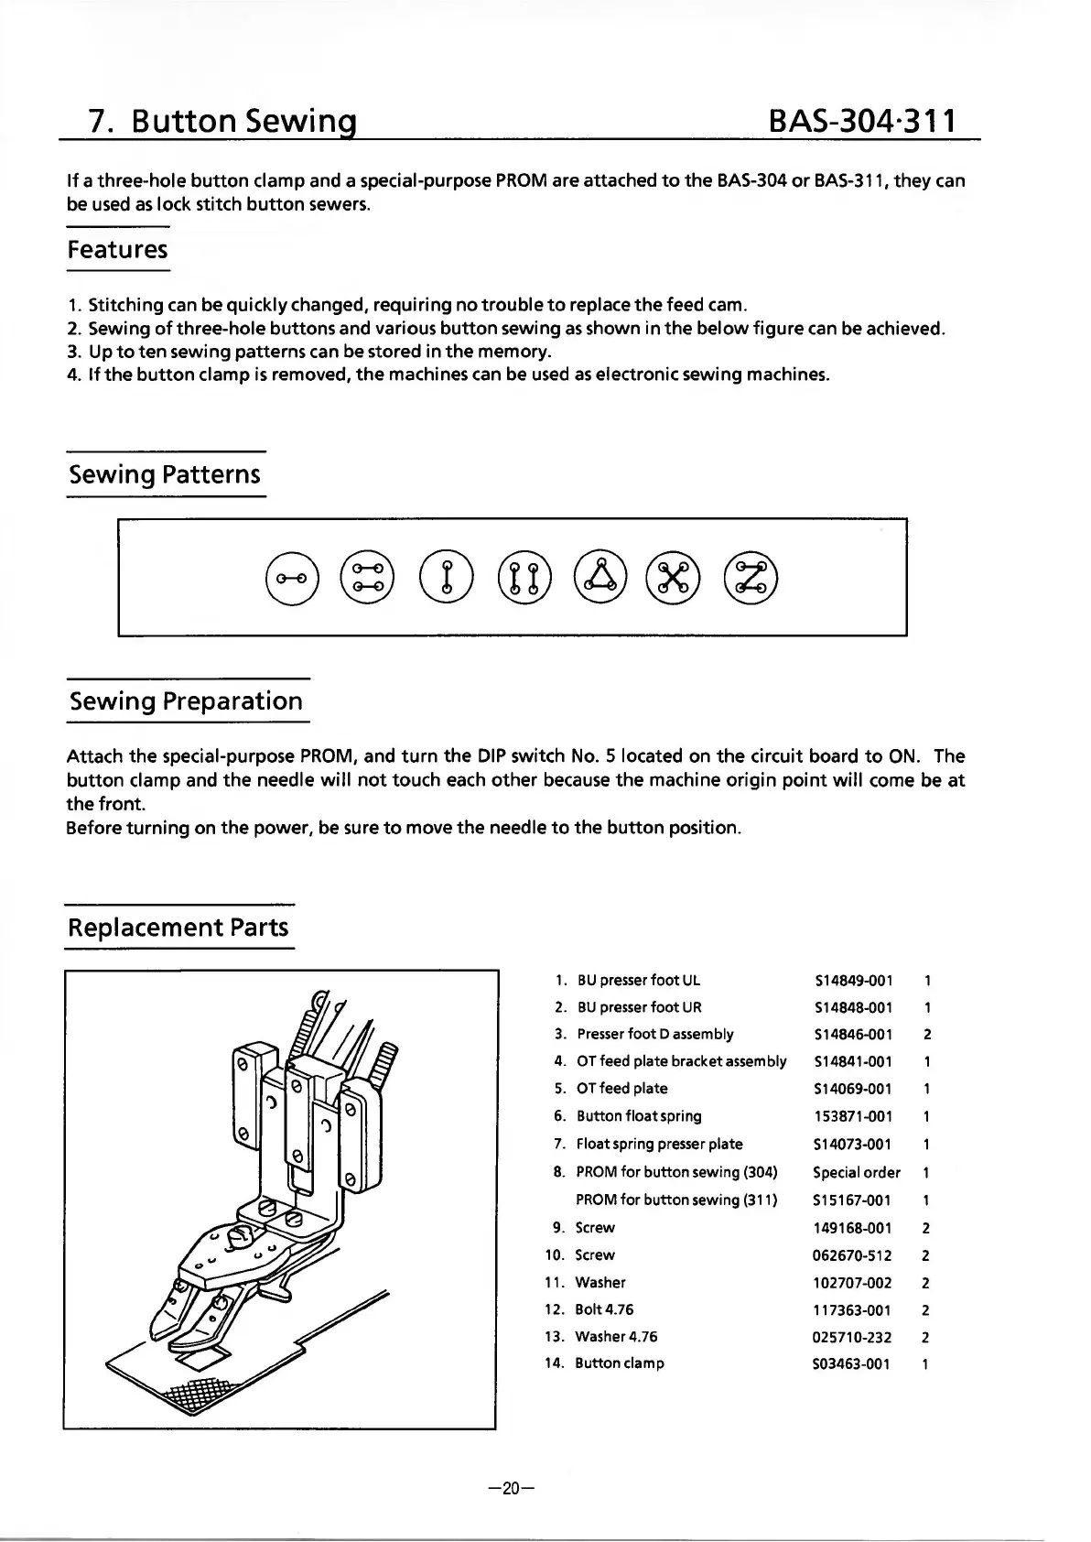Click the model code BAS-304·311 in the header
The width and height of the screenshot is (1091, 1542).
pyautogui.click(x=863, y=120)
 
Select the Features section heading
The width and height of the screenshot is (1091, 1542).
pyautogui.click(x=118, y=249)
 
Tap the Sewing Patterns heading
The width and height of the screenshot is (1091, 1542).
pyautogui.click(x=166, y=474)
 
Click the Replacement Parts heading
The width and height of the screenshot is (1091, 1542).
pyautogui.click(x=178, y=927)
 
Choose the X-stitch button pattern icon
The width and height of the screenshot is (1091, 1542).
pyautogui.click(x=673, y=577)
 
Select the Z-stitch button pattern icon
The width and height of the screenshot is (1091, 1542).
pyautogui.click(x=751, y=577)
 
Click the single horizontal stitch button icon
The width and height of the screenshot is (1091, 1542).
pyautogui.click(x=291, y=577)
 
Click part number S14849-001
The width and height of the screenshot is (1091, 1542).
pyautogui.click(x=852, y=981)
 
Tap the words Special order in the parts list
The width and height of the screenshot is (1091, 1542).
pyautogui.click(x=857, y=1172)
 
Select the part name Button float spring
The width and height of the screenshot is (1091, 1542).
pyautogui.click(x=639, y=1116)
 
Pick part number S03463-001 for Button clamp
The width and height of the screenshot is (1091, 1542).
pyautogui.click(x=851, y=1363)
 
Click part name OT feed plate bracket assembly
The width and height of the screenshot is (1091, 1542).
pyautogui.click(x=681, y=1061)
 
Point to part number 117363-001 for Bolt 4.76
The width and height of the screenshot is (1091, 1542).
pyautogui.click(x=851, y=1310)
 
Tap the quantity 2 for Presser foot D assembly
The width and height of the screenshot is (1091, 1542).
pyautogui.click(x=927, y=1035)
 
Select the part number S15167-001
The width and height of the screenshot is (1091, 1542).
pyautogui.click(x=852, y=1200)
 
